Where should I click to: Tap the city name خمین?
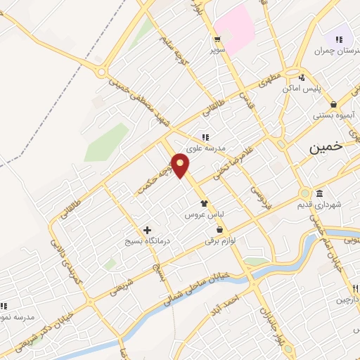tap(327, 147)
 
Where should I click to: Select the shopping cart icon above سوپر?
tap(217, 39)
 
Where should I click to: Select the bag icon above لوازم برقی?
tap(220, 230)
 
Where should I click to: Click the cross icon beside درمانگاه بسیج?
tap(147, 230)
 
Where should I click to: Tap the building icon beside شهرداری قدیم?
tap(320, 194)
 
